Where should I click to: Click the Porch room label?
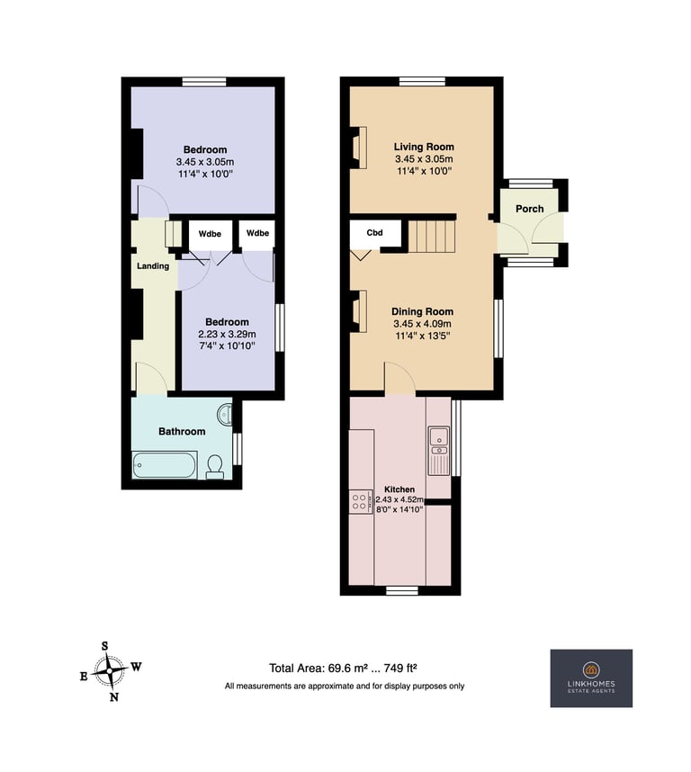530,209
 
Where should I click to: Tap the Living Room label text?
424,147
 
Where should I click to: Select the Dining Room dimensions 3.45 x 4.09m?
422,324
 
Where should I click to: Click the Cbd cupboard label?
374,233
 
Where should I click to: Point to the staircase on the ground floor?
432,237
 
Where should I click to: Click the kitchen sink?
438,451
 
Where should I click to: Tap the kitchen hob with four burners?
359,502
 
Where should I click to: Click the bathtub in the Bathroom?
165,465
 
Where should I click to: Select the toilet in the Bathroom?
214,467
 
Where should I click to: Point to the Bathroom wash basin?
225,414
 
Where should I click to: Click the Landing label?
153,265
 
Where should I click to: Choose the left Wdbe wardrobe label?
211,234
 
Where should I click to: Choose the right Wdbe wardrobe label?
258,233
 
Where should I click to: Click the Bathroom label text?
182,431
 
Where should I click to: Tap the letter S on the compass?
105,646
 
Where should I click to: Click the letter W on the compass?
137,667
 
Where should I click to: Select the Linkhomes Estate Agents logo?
591,678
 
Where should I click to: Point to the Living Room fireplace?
358,148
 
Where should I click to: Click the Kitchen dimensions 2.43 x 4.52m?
399,499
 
